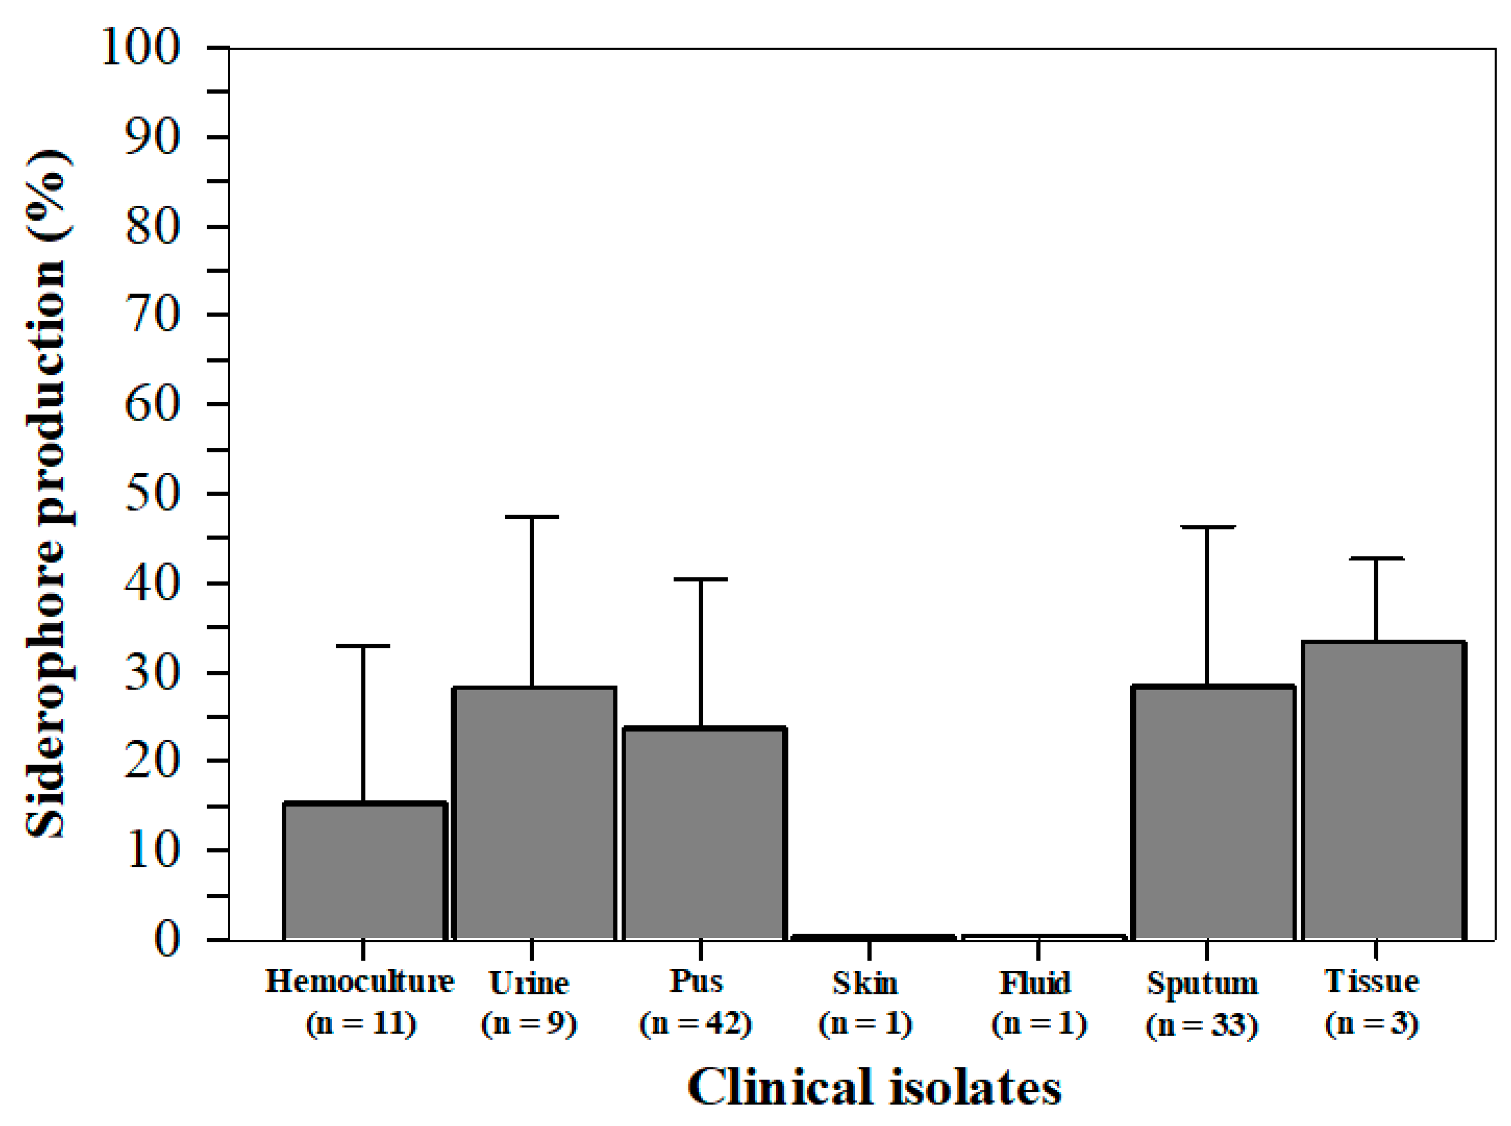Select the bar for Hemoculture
364,872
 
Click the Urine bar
534,814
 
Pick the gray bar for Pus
704,834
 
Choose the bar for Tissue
1383,791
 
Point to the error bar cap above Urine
532,517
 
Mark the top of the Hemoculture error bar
362,645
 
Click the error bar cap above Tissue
1376,559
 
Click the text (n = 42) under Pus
695,1024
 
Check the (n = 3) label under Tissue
1371,1024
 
